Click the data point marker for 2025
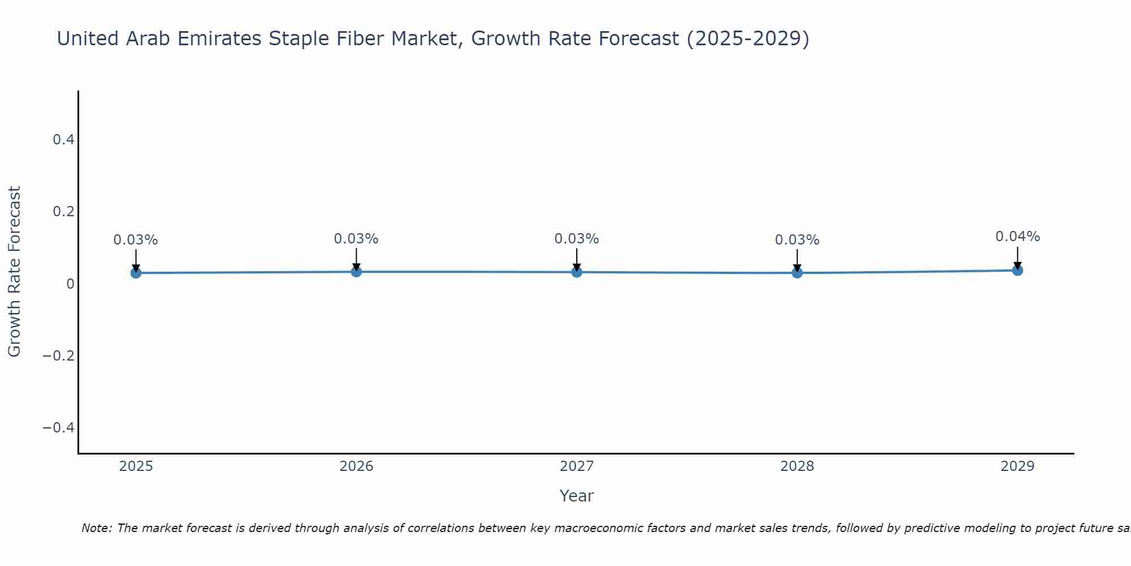pos(136,273)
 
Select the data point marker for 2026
pos(356,272)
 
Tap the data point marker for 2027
pos(577,272)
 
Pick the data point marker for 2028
pos(797,273)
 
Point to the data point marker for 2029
pos(1017,270)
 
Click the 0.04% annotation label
pos(1017,237)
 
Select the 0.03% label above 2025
pos(136,240)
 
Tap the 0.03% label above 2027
pos(577,239)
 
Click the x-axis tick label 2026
pos(356,466)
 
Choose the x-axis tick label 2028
pos(797,466)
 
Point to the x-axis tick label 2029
pos(1017,466)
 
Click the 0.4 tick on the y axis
pos(64,139)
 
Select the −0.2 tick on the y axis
pos(59,355)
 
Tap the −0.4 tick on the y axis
pos(59,427)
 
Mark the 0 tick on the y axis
pos(70,284)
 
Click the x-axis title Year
pos(576,496)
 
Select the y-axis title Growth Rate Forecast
pos(14,272)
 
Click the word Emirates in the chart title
pos(219,38)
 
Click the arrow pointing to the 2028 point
pos(797,260)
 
